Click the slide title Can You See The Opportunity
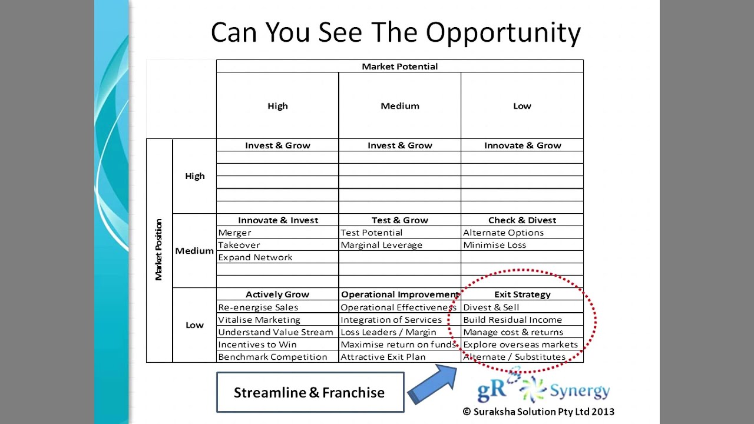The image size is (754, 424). [395, 33]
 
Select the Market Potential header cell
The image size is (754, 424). [399, 67]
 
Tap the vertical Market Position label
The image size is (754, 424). [158, 250]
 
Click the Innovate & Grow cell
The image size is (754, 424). [522, 145]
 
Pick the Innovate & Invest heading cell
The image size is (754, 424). [277, 220]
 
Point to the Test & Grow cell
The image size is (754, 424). [399, 220]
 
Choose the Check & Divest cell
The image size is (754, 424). [522, 220]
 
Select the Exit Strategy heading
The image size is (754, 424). [522, 294]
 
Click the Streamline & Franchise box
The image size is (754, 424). [310, 392]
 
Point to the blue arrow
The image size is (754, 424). [432, 384]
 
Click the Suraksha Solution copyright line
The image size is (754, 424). [538, 412]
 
